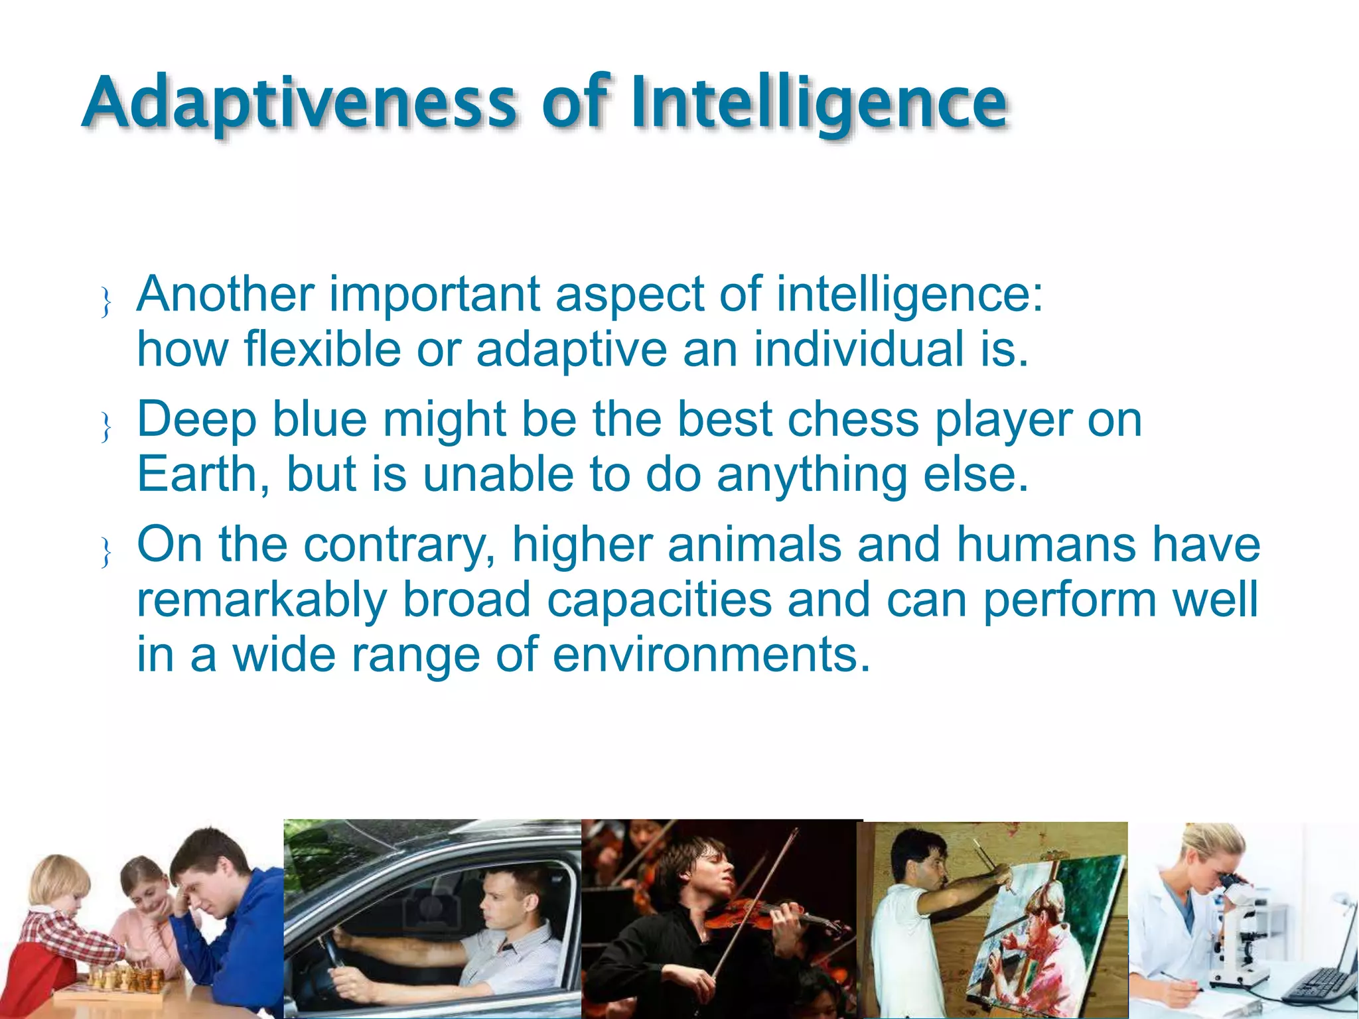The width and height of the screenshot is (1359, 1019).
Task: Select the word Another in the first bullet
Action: pyautogui.click(x=226, y=294)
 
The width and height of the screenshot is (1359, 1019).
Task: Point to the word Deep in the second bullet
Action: pyautogui.click(x=196, y=419)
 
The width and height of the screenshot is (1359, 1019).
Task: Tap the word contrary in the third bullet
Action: pyautogui.click(x=399, y=545)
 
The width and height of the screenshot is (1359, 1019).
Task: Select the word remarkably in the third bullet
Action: pyautogui.click(x=261, y=600)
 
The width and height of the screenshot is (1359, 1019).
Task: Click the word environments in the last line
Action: pyautogui.click(x=711, y=655)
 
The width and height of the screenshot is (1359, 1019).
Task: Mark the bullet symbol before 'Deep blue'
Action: pyautogui.click(x=106, y=426)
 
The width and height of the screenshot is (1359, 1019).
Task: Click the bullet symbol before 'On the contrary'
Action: pyautogui.click(x=106, y=552)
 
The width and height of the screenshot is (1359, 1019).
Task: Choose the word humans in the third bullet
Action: pyautogui.click(x=1045, y=545)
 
